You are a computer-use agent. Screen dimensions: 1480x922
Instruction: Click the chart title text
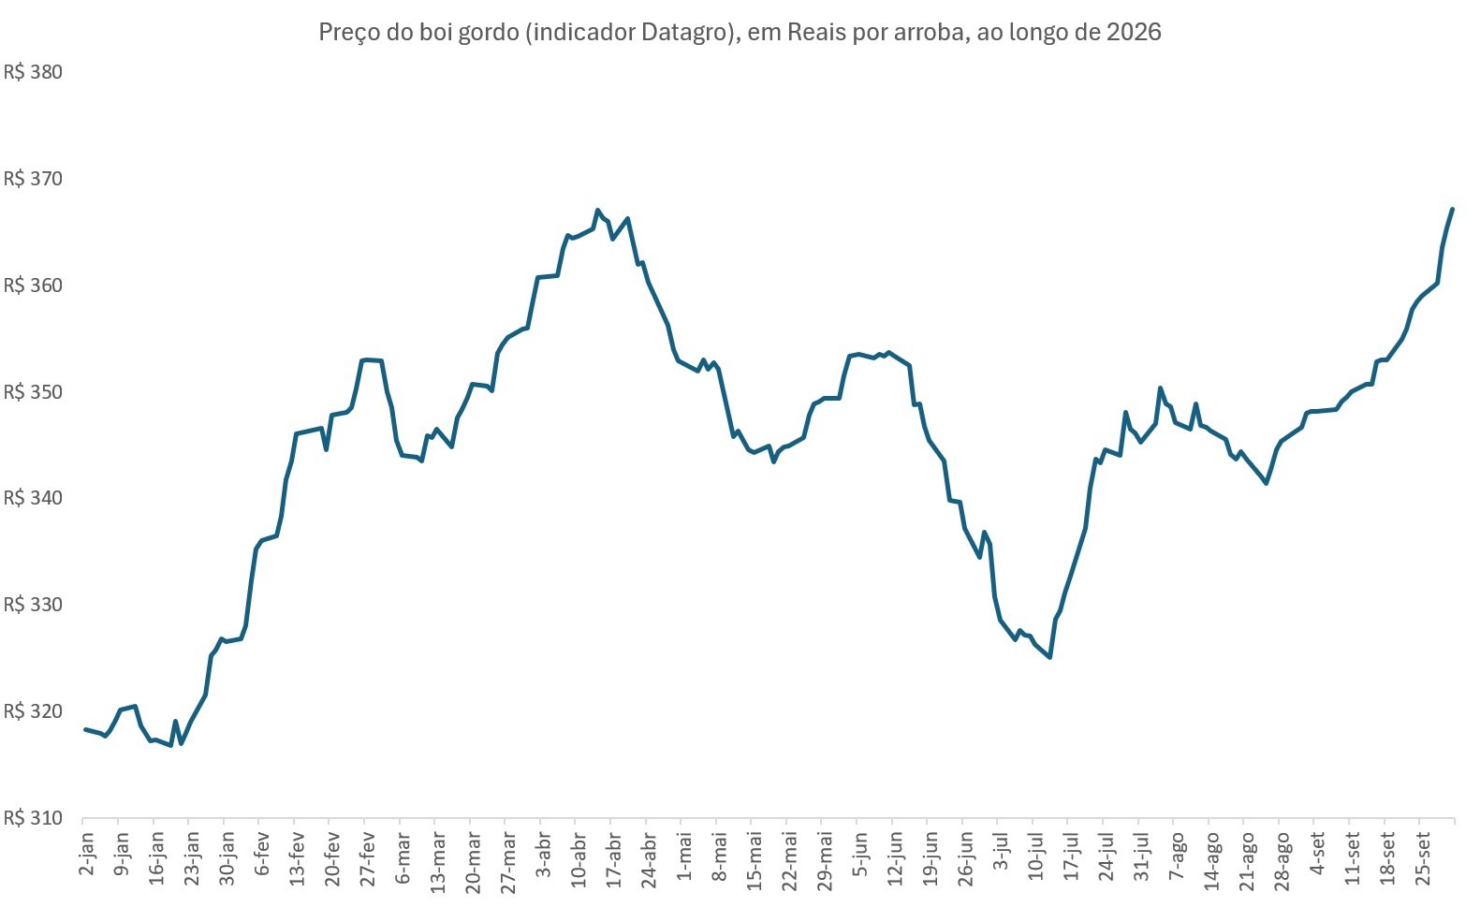(740, 32)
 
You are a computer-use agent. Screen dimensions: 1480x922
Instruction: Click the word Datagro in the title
(684, 32)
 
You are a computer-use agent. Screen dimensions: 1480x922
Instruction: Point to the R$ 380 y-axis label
(33, 71)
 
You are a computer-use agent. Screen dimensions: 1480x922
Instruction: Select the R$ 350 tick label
(33, 391)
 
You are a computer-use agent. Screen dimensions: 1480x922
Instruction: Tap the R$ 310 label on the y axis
(33, 818)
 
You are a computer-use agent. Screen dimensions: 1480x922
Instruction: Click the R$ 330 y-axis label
(33, 605)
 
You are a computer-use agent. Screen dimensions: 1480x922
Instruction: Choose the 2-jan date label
(87, 854)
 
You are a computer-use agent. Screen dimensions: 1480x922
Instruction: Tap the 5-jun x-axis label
(860, 855)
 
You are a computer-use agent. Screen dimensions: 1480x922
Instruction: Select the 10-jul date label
(1036, 856)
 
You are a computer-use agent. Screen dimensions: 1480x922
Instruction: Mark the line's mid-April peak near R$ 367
(596, 210)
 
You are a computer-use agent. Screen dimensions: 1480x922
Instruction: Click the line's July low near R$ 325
(1050, 657)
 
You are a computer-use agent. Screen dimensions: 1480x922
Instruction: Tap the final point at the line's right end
(1452, 210)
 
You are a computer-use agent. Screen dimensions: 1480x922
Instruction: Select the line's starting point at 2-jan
(85, 729)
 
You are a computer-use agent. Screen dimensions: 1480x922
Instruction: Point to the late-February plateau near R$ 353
(372, 360)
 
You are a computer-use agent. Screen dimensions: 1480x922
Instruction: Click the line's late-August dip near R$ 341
(1266, 483)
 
